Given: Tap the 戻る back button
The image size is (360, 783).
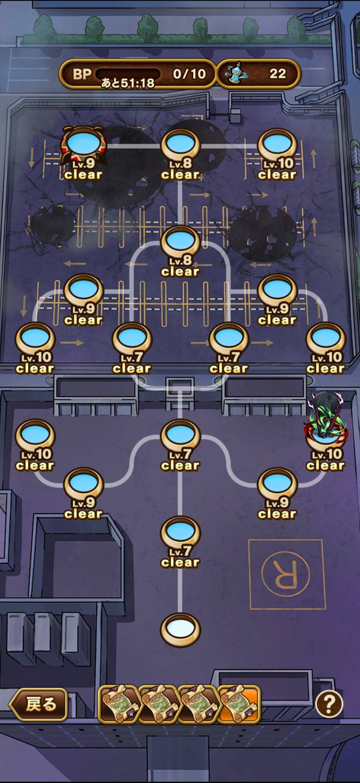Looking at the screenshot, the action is click(x=38, y=704).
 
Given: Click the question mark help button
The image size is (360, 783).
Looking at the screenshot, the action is click(x=329, y=703).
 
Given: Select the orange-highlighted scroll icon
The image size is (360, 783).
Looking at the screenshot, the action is click(x=240, y=704).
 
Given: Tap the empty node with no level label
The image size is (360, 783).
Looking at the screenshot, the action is click(x=181, y=630).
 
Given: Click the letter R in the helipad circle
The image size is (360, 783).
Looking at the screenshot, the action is click(x=286, y=574).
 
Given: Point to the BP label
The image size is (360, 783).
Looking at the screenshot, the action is click(x=82, y=74).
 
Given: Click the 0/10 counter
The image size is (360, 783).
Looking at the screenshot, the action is click(x=189, y=74).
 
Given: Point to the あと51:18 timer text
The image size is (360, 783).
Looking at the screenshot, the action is click(x=128, y=83).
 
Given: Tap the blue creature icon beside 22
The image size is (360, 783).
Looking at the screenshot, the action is click(x=236, y=73).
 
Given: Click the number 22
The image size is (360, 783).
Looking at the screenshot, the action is click(x=278, y=74).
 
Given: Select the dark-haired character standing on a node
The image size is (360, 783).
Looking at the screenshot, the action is click(x=326, y=416).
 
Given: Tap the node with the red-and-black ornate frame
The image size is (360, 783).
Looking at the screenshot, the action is click(x=83, y=145).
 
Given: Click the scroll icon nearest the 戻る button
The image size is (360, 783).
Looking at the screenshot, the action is click(x=119, y=704).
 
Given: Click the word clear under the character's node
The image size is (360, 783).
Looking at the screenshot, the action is click(x=325, y=465).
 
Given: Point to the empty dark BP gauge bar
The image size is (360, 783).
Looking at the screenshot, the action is click(x=128, y=73).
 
